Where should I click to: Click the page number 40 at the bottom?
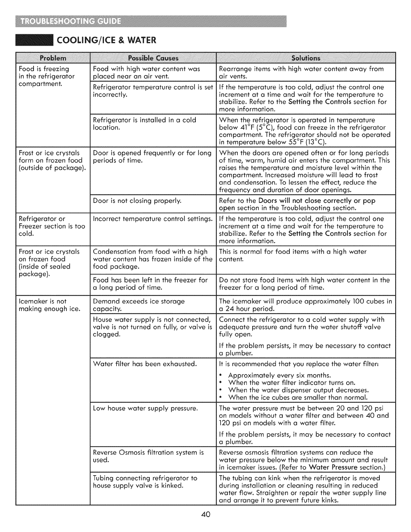pyautogui.click(x=205, y=516)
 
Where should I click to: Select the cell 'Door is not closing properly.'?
pyautogui.click(x=137, y=201)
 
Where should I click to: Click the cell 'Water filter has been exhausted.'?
pyautogui.click(x=145, y=364)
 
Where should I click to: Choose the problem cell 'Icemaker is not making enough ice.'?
pyautogui.click(x=49, y=305)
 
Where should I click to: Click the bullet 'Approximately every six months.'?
pyautogui.click(x=279, y=375)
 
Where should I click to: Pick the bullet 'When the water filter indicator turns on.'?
pyautogui.click(x=291, y=383)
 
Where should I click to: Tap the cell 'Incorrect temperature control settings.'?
pyautogui.click(x=152, y=219)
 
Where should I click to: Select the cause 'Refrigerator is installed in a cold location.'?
pyautogui.click(x=144, y=124)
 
